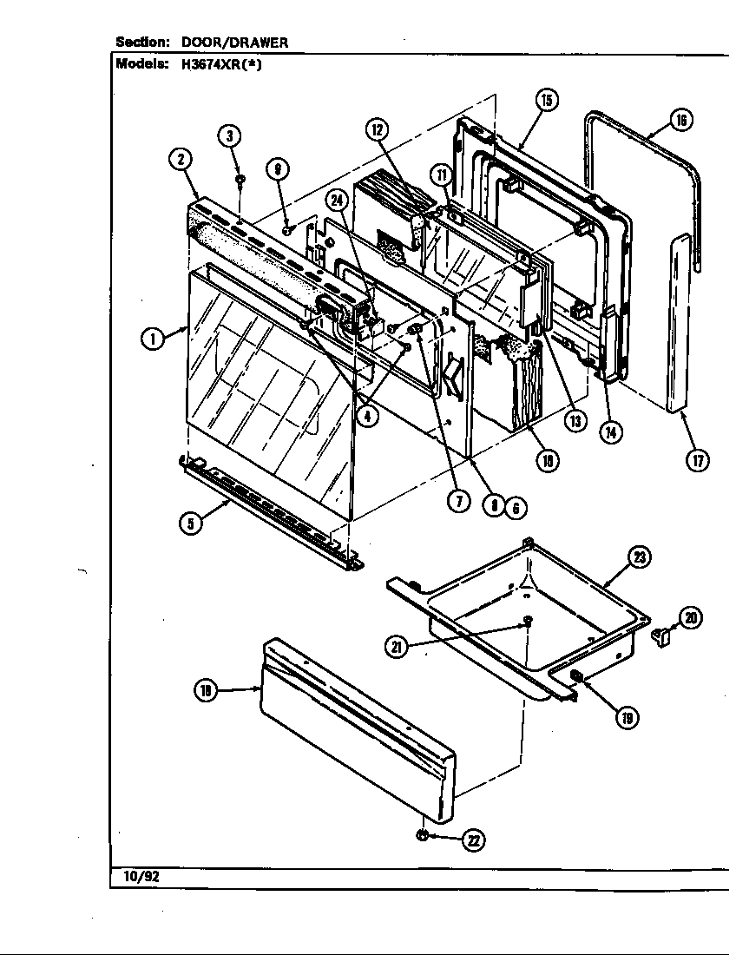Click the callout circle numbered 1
coord(153,339)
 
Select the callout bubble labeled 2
coord(180,159)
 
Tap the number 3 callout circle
coord(229,135)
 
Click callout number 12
coord(377,130)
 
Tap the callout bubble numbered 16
coord(681,121)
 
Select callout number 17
coord(697,460)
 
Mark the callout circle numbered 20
coord(691,618)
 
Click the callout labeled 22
coord(474,840)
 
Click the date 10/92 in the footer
coord(135,877)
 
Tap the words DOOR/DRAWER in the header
coord(234,42)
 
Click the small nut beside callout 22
coord(422,835)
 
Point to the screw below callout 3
coord(240,180)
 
